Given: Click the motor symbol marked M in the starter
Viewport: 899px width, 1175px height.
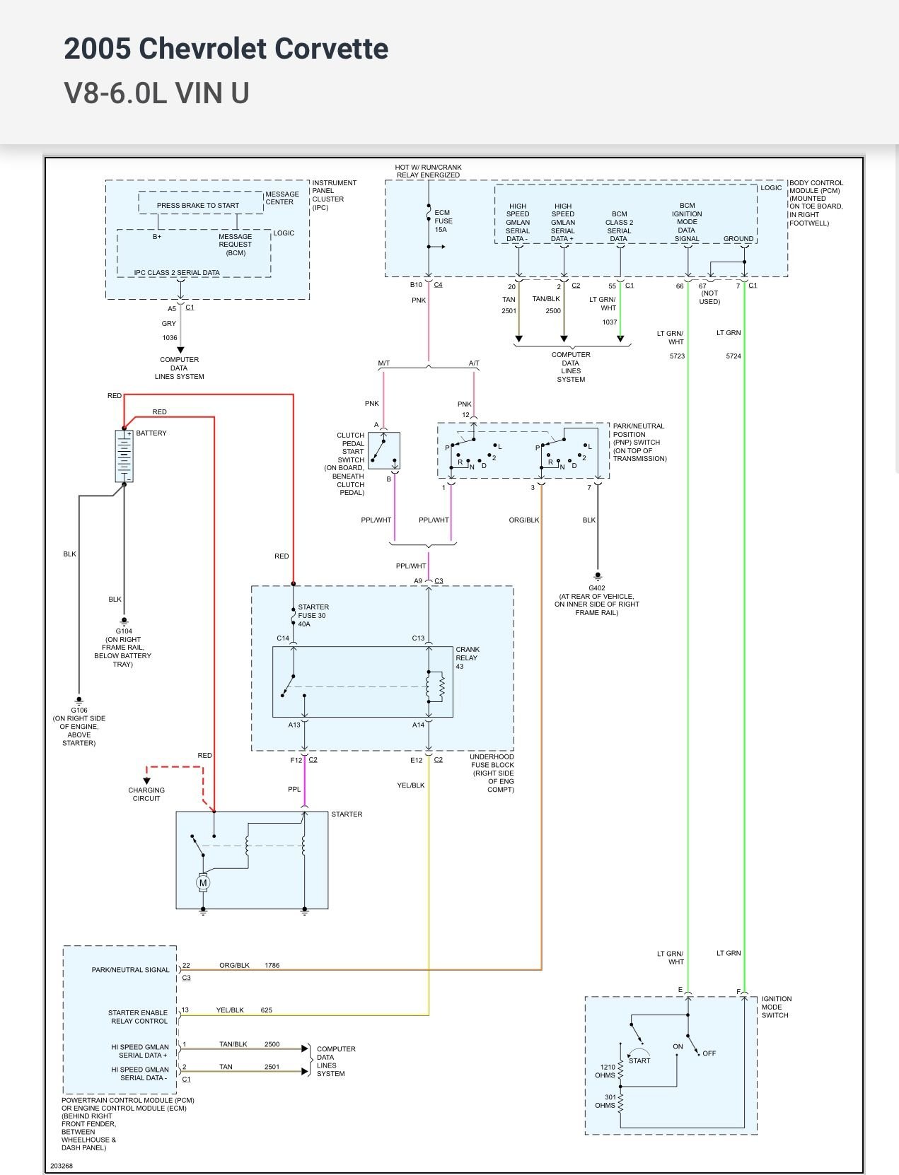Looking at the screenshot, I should [203, 882].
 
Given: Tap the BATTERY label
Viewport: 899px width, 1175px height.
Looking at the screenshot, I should [151, 433].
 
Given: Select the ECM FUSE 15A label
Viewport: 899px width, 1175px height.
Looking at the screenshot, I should [443, 221].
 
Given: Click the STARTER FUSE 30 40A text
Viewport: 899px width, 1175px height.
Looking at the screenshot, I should [313, 615].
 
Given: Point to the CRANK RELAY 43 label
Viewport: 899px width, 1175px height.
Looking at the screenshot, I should [467, 657].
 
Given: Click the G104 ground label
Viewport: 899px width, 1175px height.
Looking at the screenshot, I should [124, 631].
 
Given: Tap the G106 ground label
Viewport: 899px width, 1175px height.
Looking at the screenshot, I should [79, 710].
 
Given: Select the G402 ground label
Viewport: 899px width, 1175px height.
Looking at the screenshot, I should [597, 587].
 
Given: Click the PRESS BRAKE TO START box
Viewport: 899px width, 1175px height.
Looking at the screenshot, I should [198, 205].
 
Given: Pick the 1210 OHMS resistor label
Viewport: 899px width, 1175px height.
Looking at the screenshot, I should [607, 1071].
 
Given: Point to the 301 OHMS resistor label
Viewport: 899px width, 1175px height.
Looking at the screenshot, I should [607, 1101].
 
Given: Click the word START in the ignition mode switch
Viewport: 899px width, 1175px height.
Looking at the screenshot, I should [639, 1060].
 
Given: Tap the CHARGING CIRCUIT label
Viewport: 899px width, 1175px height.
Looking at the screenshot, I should [146, 794].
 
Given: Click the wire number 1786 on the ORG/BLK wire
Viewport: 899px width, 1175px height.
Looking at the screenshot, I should [272, 965].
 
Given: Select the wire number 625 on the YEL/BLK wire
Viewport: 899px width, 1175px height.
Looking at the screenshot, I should [267, 1010].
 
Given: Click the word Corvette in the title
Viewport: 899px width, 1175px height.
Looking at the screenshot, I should [331, 49].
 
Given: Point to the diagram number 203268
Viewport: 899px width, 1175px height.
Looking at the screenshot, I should [62, 1166].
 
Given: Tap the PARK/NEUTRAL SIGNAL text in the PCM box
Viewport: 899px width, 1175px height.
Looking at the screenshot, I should [130, 970].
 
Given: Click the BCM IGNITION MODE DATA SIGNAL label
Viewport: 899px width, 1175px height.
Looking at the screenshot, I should [686, 222].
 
